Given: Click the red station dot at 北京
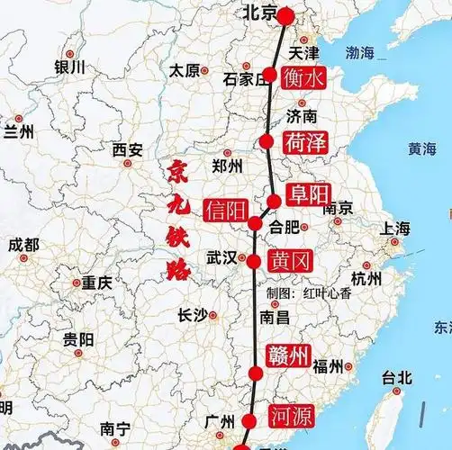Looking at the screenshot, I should click(x=285, y=15).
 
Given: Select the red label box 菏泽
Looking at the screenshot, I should click(x=304, y=142).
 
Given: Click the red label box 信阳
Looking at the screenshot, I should click(x=225, y=211).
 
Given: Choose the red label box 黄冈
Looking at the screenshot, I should click(x=290, y=262).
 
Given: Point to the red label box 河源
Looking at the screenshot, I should click(x=291, y=415).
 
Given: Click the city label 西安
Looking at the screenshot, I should click(x=127, y=150).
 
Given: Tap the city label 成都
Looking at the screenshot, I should click(x=23, y=245).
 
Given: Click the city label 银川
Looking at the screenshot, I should click(x=69, y=67).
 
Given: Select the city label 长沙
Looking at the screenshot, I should click(x=191, y=314).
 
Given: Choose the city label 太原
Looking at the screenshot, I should click(x=185, y=69).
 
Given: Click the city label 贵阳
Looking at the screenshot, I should click(x=78, y=339).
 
